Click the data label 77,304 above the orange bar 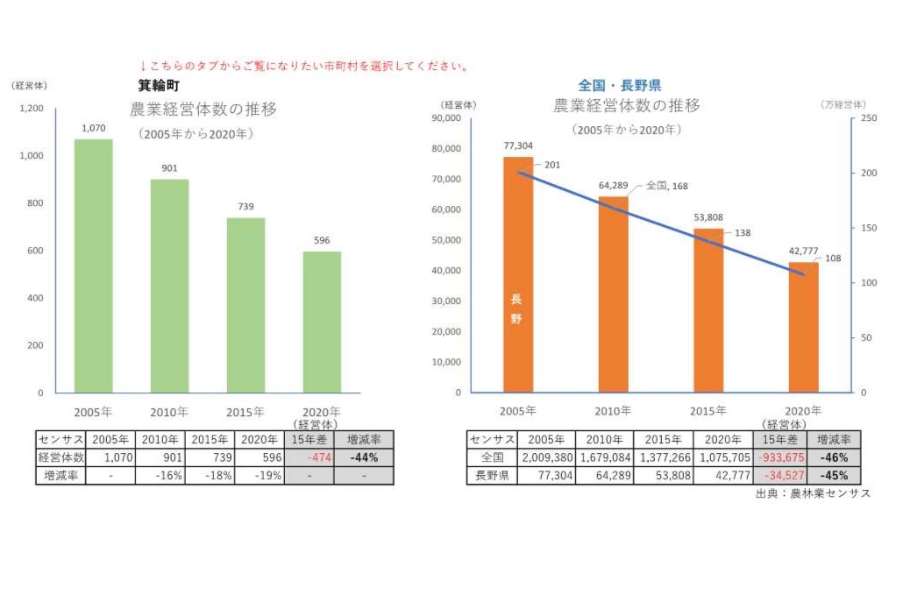point(518,145)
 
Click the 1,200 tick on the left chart point(31,109)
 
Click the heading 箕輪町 point(159,86)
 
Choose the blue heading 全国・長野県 point(619,86)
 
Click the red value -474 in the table point(309,457)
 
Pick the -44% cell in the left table point(364,457)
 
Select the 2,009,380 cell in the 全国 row point(546,457)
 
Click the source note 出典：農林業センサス point(812,494)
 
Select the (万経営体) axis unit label point(844,105)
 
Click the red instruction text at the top point(304,67)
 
